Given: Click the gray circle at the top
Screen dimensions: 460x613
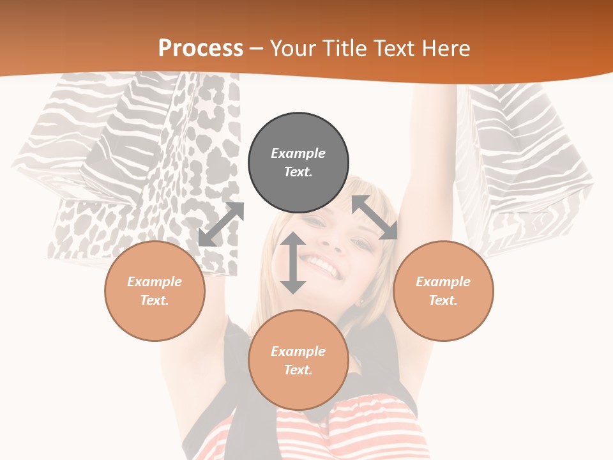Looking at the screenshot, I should pos(298,162).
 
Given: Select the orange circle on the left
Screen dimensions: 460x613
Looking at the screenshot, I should pos(155,291).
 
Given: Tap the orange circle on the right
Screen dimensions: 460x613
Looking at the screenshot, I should pos(443,291).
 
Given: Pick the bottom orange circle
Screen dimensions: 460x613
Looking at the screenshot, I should pos(298,360).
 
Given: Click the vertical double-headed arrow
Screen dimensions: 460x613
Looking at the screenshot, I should pos(293,263).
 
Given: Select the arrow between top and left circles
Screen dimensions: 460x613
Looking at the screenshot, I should pos(221,224).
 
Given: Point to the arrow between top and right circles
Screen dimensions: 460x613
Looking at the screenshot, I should pos(375,217).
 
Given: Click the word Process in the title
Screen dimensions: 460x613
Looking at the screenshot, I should pos(201,48).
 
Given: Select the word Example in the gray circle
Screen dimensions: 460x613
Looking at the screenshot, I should pos(298,153).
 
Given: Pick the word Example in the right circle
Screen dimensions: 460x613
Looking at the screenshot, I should pos(443,282).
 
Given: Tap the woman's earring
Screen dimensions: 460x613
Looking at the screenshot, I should pos(361,302).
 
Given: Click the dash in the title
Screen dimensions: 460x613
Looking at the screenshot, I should pos(257,49).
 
